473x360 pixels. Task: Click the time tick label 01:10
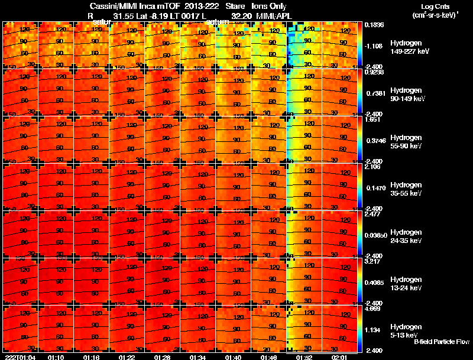point(56,357)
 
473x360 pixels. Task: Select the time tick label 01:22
point(127,357)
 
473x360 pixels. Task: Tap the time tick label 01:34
point(197,357)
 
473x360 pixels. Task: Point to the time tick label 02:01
point(339,357)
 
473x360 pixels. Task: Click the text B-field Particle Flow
point(441,342)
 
